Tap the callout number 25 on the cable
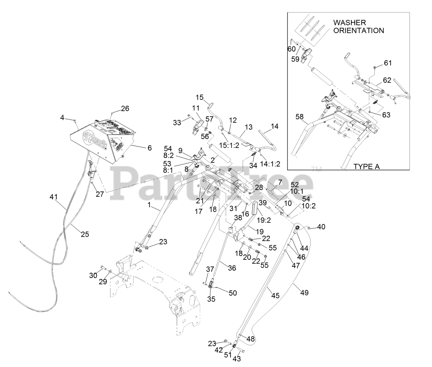coord(85,234)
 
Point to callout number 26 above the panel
coord(125,109)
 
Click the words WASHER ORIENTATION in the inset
coord(358,26)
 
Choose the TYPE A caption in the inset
coord(366,166)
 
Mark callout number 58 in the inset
coord(299,117)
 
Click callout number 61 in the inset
coord(388,63)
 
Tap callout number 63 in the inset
coord(386,115)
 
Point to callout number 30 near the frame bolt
coord(93,275)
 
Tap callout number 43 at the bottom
coord(237,359)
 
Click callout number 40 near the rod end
coord(321,227)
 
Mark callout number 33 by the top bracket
coord(177,123)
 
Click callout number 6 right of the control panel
coord(149,148)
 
